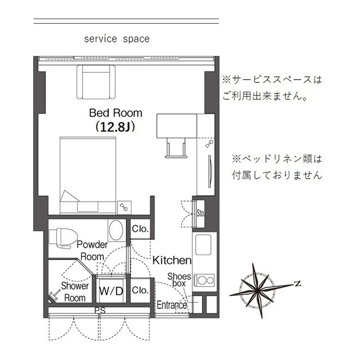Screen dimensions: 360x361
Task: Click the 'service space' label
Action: (117, 39)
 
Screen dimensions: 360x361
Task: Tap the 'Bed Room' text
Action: (116, 113)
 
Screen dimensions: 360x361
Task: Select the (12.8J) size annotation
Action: (116, 127)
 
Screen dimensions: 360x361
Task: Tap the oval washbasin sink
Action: (116, 230)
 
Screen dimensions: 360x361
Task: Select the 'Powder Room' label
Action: (91, 250)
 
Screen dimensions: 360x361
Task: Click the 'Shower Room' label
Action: (74, 292)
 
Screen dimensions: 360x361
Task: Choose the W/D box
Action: (111, 291)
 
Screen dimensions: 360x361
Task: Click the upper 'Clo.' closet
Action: (140, 229)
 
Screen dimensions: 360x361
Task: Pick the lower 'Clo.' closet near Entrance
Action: (140, 290)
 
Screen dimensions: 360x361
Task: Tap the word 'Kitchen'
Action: (172, 261)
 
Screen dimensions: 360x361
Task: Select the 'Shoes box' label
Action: (179, 280)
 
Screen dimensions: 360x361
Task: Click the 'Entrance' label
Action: (171, 305)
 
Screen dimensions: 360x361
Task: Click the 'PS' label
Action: (100, 310)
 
